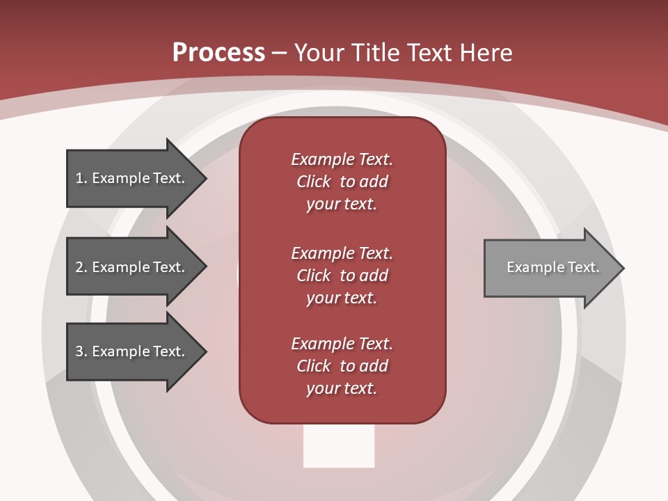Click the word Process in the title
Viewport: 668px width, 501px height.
[218, 53]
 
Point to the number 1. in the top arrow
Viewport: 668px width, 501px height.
[81, 178]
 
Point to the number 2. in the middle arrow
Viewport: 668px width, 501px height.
[81, 267]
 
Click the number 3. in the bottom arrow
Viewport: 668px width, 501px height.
[81, 351]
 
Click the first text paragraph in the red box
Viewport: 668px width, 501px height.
[342, 182]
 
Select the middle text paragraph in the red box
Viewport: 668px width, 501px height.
[342, 276]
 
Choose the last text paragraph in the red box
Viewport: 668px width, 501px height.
[342, 366]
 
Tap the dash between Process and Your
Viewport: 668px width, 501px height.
[280, 53]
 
